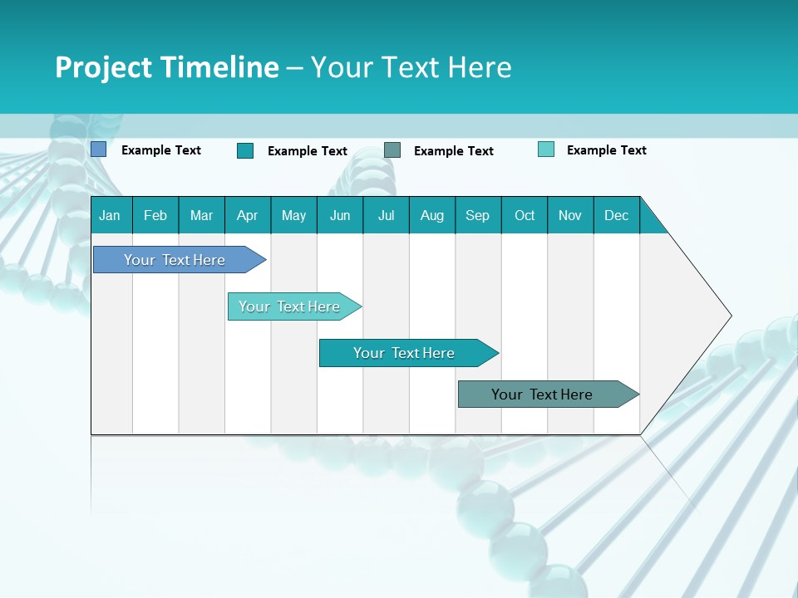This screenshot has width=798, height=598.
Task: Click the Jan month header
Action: [x=111, y=215]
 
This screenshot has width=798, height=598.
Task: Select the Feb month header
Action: [x=155, y=215]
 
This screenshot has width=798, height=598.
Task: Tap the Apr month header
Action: [x=247, y=215]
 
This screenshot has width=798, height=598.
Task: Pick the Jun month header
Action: [x=340, y=215]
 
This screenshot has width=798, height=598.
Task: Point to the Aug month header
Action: [x=431, y=215]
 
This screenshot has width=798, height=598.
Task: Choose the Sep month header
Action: [x=478, y=215]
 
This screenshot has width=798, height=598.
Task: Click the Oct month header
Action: [x=525, y=215]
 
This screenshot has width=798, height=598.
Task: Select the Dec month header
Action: [x=616, y=215]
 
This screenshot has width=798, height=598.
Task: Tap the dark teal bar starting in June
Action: [x=405, y=353]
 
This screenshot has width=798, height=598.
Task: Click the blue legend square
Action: [x=99, y=149]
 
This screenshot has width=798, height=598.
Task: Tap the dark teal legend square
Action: [x=245, y=150]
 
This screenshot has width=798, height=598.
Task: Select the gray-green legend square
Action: [x=392, y=149]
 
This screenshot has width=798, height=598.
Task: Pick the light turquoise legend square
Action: [x=546, y=149]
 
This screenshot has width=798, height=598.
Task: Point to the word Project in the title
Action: [x=103, y=67]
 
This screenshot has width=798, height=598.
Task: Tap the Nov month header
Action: [x=570, y=215]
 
